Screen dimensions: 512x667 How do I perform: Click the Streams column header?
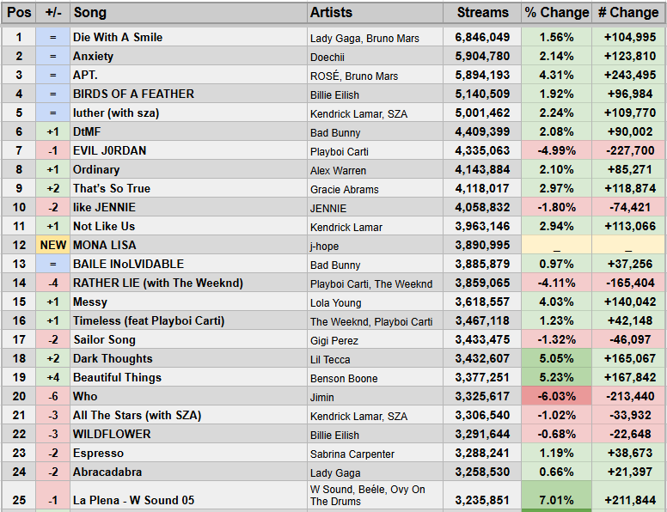[482, 13]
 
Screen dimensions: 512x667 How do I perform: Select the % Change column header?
[556, 13]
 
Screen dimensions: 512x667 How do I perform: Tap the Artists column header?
[332, 13]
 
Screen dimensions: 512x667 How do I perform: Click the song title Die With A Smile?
[118, 38]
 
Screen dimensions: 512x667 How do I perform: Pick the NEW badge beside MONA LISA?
[52, 246]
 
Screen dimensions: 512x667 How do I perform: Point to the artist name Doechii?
[329, 57]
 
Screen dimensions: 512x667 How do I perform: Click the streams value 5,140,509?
[482, 94]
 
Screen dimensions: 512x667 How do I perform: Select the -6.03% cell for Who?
[556, 397]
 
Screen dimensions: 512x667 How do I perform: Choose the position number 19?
[18, 378]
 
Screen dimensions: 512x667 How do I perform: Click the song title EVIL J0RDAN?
[110, 151]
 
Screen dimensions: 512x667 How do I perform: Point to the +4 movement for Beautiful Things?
[52, 378]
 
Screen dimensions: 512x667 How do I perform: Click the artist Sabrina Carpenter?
[352, 454]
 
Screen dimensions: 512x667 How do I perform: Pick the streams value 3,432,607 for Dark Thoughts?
[482, 359]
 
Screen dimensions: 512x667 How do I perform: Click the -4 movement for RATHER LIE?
[52, 283]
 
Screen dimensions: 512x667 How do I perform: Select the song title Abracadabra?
[107, 472]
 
